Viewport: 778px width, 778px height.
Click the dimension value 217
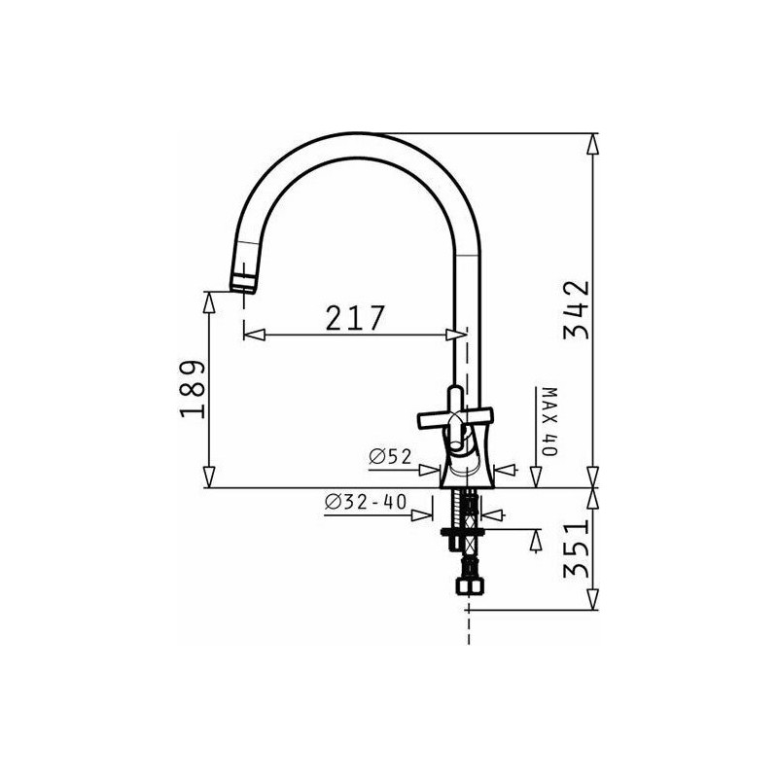click(x=355, y=318)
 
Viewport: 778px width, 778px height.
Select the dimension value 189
click(x=193, y=390)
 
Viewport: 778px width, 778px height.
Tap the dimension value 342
click(x=576, y=309)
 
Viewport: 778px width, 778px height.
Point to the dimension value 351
click(x=576, y=549)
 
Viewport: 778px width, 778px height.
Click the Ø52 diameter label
click(x=391, y=456)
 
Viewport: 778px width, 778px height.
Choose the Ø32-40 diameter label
click(x=366, y=502)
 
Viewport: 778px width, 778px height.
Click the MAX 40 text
click(x=549, y=421)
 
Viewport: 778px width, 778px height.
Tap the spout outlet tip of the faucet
click(x=242, y=288)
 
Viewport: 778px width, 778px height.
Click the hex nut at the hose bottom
click(x=469, y=586)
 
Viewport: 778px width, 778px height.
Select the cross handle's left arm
click(x=433, y=420)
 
